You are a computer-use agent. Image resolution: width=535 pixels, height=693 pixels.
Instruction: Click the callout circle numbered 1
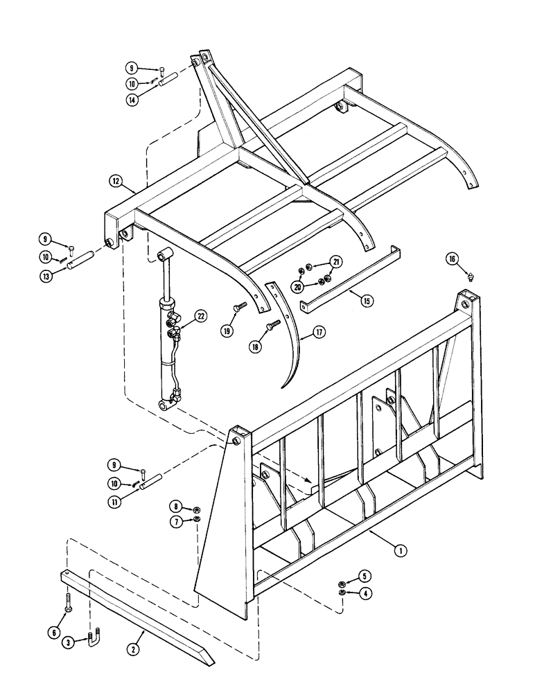(400, 551)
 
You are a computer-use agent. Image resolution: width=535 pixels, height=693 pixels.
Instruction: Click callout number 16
(452, 259)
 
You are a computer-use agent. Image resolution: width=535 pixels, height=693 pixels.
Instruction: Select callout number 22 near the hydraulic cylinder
(201, 317)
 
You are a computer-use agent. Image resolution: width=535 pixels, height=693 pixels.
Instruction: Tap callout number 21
(336, 261)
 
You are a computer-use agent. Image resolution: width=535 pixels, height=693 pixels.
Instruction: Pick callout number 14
(132, 100)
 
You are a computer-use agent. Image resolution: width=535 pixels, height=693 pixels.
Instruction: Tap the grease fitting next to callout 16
(471, 276)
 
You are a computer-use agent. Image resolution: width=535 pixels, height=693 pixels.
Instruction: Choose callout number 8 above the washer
(177, 506)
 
